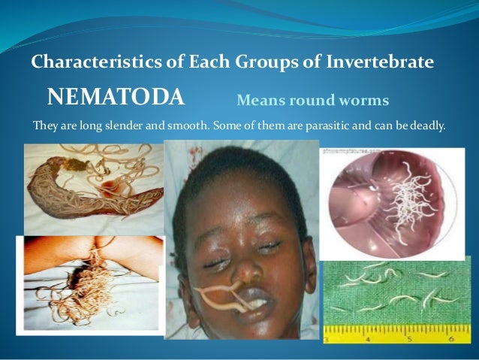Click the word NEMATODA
point(115,97)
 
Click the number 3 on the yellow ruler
point(327,337)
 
